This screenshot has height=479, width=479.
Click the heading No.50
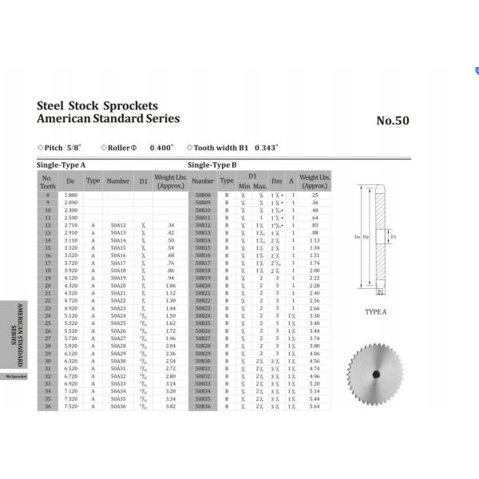392,121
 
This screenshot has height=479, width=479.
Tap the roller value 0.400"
162,148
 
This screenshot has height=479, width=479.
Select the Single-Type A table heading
61,164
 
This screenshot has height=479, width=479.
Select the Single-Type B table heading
212,164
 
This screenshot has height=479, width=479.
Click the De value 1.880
70,195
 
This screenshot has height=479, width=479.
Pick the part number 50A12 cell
118,226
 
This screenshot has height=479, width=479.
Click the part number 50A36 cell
118,406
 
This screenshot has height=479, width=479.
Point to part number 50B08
202,195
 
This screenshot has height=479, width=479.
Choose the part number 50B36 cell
202,406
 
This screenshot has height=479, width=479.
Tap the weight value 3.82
170,406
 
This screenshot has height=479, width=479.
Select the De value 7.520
70,406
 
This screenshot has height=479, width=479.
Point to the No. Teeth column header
47,180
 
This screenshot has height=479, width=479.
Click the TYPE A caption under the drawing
375,312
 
